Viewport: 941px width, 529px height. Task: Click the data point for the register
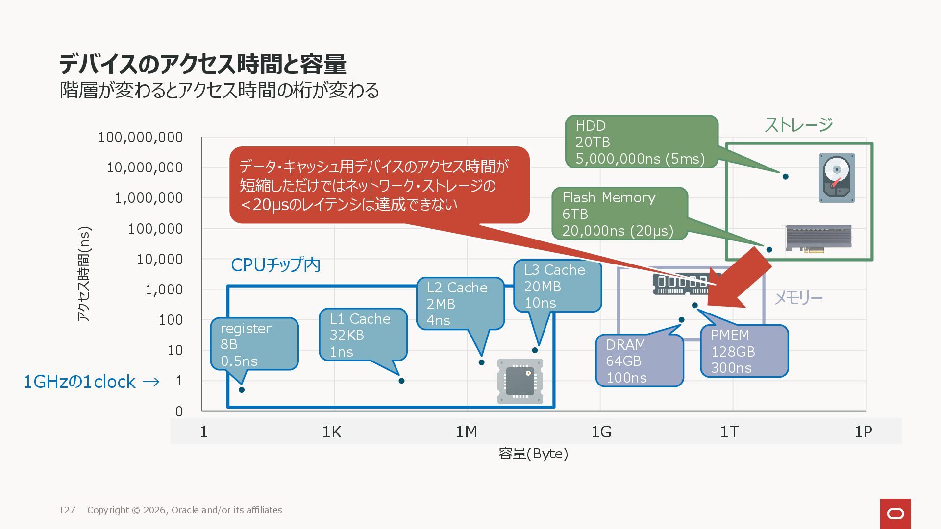pos(242,390)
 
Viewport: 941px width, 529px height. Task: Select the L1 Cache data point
pos(401,381)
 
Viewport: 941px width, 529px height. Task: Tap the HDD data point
pos(785,176)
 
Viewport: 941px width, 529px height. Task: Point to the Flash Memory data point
pos(769,250)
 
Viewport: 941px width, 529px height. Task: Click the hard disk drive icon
pos(837,178)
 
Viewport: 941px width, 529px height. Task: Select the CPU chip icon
pos(520,381)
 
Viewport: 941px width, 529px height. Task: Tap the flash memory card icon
pos(818,239)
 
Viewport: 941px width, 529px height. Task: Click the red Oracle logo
pos(895,513)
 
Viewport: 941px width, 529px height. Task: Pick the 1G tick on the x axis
pos(601,432)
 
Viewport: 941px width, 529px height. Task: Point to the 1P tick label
pos(863,432)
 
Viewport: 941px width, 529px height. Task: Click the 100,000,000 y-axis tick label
pos(140,138)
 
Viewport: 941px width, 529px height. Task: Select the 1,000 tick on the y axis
pos(164,290)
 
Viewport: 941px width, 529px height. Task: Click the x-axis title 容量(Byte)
pos(533,454)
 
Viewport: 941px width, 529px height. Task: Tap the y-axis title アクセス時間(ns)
pos(84,274)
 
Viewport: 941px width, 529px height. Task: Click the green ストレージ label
pos(798,125)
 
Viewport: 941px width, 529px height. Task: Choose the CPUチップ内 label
pos(275,265)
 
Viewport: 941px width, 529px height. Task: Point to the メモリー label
pos(798,298)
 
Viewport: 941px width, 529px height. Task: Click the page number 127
pos(67,510)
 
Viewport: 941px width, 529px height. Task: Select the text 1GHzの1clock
pos(79,382)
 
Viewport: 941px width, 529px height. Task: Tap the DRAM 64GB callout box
pos(639,361)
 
